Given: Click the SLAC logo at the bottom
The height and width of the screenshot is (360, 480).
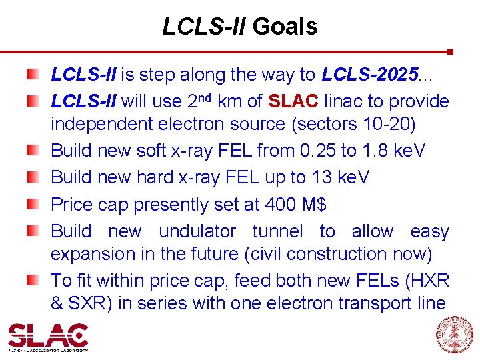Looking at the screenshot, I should click(48, 336).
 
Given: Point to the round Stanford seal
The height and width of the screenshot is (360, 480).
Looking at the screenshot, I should click(455, 335).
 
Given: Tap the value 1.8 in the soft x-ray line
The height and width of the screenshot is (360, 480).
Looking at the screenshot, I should click(377, 151).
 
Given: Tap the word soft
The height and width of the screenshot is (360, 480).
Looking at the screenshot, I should click(152, 151).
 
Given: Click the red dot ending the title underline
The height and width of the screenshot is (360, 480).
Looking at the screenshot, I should click(451, 51).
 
